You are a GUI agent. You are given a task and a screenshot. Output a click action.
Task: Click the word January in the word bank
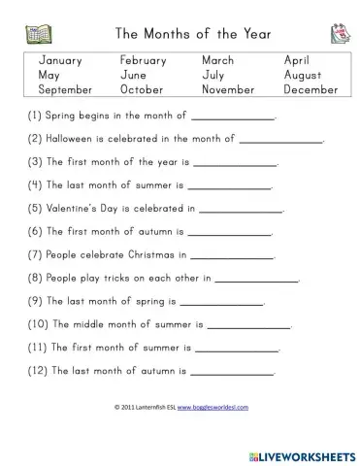[x=60, y=60]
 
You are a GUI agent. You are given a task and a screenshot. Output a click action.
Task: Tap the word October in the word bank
[x=143, y=89]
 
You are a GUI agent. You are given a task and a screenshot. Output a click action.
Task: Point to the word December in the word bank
[x=311, y=89]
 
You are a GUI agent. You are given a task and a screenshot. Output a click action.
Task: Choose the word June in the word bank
[x=134, y=75]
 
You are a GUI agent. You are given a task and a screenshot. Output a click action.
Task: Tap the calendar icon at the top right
[x=326, y=34]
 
